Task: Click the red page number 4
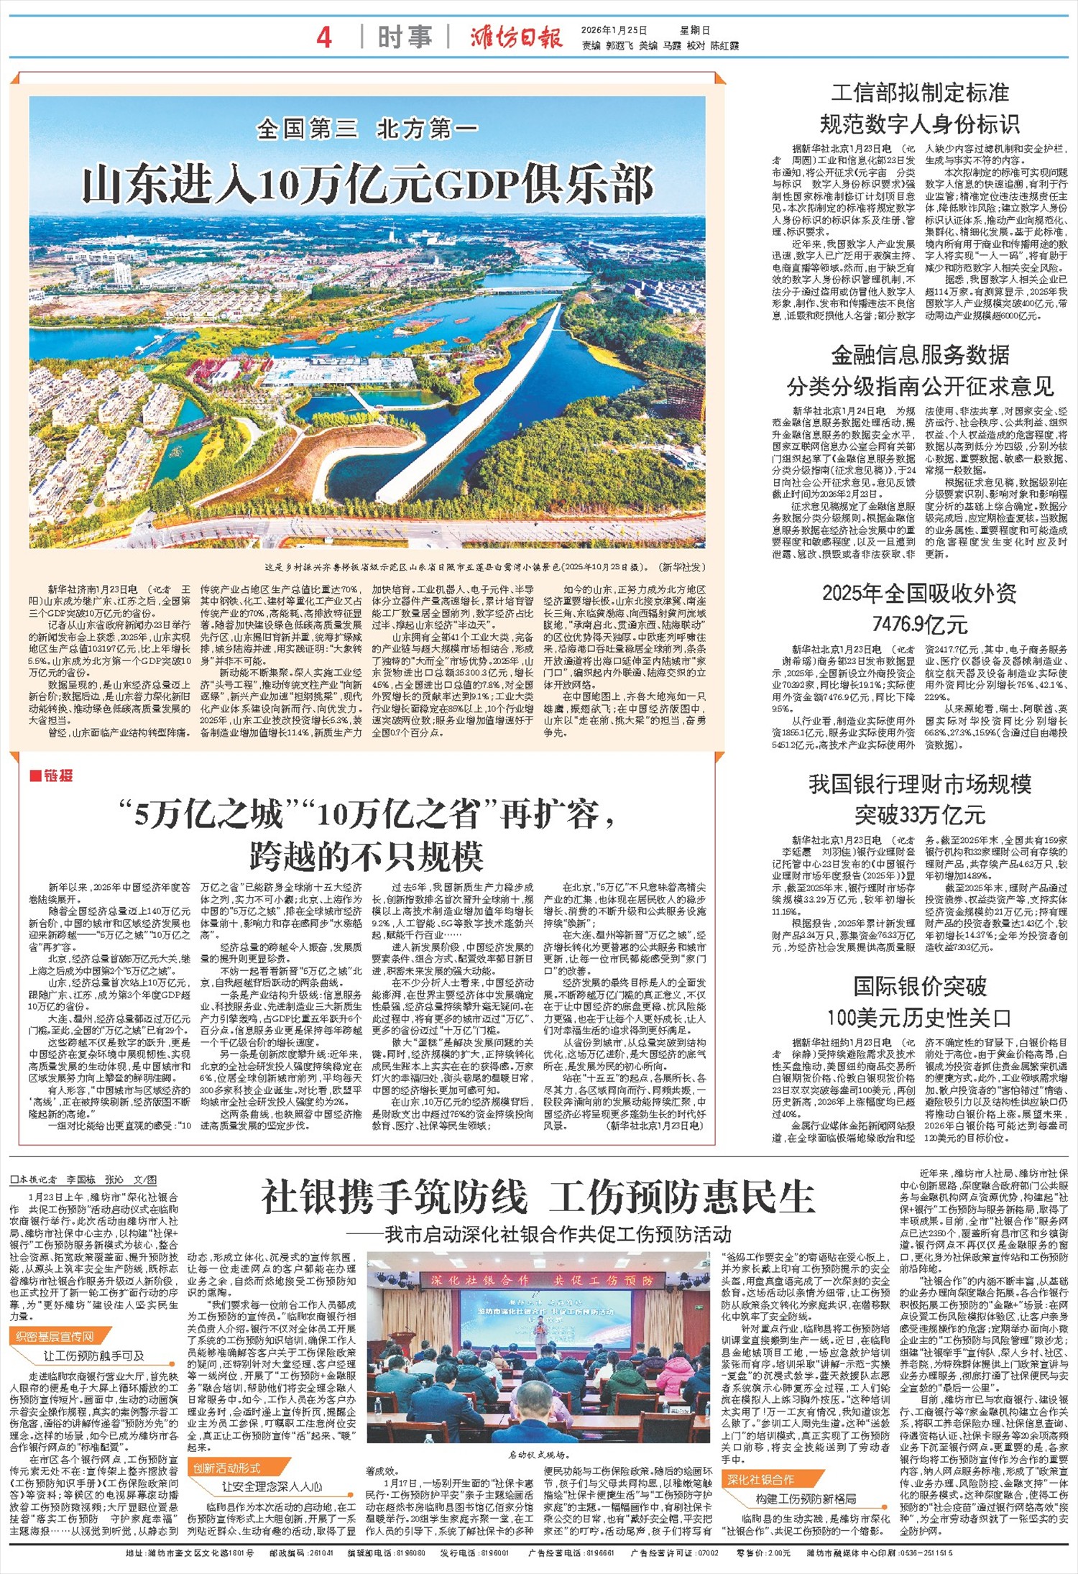pyautogui.click(x=324, y=37)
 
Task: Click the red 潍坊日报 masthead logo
pyautogui.click(x=516, y=37)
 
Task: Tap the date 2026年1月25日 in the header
pyautogui.click(x=614, y=31)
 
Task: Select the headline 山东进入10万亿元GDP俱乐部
pyautogui.click(x=367, y=185)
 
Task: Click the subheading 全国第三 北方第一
pyautogui.click(x=367, y=129)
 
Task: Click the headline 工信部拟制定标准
pyautogui.click(x=919, y=93)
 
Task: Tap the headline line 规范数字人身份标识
pyautogui.click(x=919, y=125)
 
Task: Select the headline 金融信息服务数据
pyautogui.click(x=919, y=355)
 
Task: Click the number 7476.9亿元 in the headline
pyautogui.click(x=919, y=625)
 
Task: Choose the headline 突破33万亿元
pyautogui.click(x=919, y=815)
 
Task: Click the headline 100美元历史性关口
pyautogui.click(x=919, y=1018)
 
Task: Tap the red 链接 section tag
pyautogui.click(x=52, y=776)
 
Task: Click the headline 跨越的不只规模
pyautogui.click(x=367, y=856)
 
